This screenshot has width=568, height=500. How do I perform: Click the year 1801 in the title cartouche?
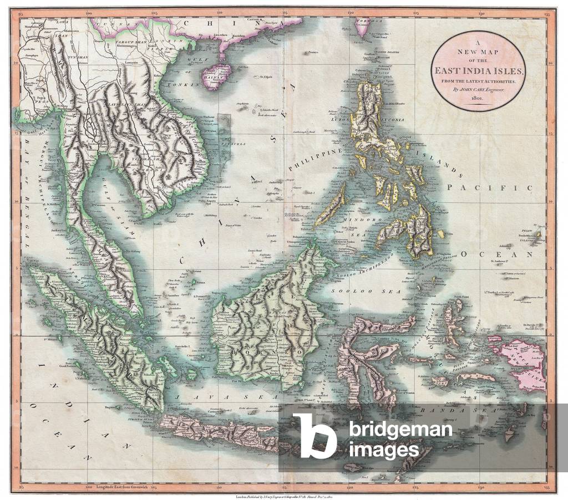click(x=478, y=98)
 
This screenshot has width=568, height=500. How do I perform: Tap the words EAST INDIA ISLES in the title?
click(x=478, y=70)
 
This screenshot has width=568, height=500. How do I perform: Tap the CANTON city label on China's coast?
click(x=253, y=19)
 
